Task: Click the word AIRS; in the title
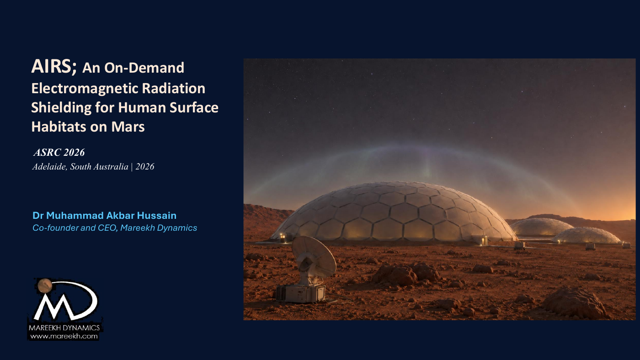tap(54, 67)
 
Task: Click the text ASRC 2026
tap(59, 153)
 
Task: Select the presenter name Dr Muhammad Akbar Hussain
tap(104, 216)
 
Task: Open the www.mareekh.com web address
tap(64, 336)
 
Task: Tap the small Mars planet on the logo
tap(45, 286)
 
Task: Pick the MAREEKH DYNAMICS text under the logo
tap(64, 328)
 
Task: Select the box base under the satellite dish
tap(301, 293)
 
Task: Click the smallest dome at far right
tap(586, 235)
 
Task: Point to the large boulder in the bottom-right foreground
tap(574, 303)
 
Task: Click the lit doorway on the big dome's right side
tap(484, 240)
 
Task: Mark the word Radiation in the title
tap(173, 89)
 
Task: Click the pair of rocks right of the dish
tap(406, 274)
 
